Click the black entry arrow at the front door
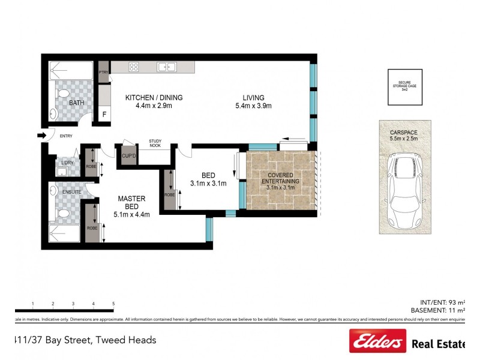point(41,136)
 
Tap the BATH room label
point(77,103)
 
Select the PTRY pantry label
point(103,73)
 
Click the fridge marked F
point(104,114)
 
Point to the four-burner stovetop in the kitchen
point(133,67)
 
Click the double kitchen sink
point(166,67)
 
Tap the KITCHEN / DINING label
point(154,98)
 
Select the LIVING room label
point(254,98)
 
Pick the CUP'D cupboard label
point(128,156)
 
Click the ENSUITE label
point(73,191)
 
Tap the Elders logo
point(377,342)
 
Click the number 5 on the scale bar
point(113,304)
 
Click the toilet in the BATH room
point(62,95)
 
